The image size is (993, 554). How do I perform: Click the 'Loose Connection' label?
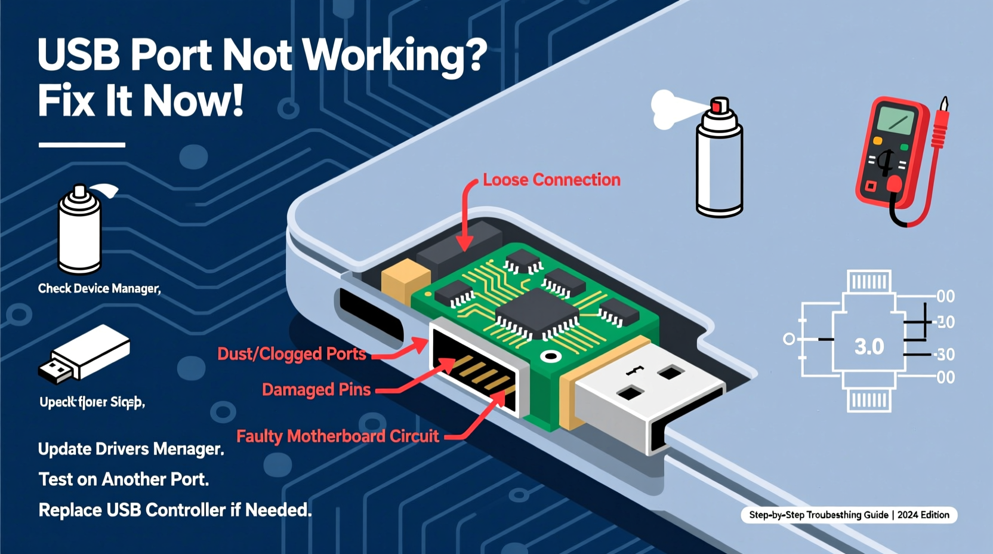point(551,180)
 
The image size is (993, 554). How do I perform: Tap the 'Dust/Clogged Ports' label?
point(291,354)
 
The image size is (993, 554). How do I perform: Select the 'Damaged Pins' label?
point(316,390)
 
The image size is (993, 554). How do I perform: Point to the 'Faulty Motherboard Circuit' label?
point(337,436)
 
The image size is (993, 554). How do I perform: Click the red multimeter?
point(893,155)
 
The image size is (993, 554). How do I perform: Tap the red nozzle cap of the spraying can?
point(720,106)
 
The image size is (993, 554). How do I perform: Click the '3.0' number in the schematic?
point(869,347)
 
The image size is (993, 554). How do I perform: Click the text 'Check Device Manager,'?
point(99,289)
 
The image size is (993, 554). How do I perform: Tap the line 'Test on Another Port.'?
point(124,479)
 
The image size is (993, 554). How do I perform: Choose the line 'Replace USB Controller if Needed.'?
point(175,510)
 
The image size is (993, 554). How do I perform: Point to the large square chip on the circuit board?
point(538,310)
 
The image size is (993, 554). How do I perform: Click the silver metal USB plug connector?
point(644,394)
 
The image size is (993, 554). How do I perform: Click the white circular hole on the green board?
point(550,357)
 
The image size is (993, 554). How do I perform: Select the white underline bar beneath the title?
point(82,144)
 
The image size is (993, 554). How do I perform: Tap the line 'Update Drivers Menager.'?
point(131,449)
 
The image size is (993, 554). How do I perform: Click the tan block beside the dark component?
point(405,278)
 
